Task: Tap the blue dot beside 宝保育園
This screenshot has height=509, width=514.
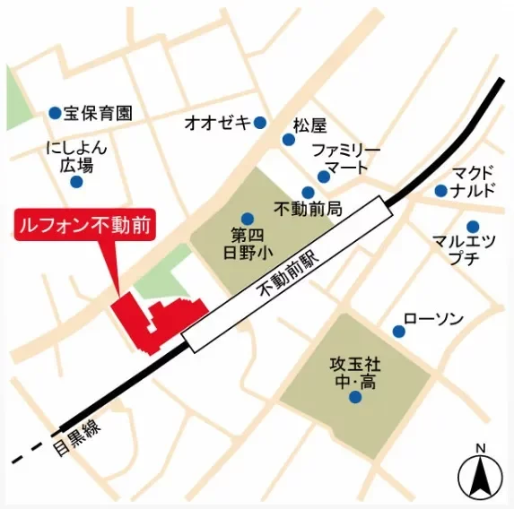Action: pyautogui.click(x=55, y=114)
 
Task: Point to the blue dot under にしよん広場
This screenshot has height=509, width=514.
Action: pyautogui.click(x=76, y=182)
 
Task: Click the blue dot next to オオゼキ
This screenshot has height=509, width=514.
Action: pyautogui.click(x=260, y=123)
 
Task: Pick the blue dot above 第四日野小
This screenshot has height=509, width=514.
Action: pyautogui.click(x=248, y=218)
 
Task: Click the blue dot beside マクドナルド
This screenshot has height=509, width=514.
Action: pyautogui.click(x=440, y=190)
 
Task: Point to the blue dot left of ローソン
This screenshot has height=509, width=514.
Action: pyautogui.click(x=398, y=332)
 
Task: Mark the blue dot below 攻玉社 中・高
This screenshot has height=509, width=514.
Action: pyautogui.click(x=355, y=397)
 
